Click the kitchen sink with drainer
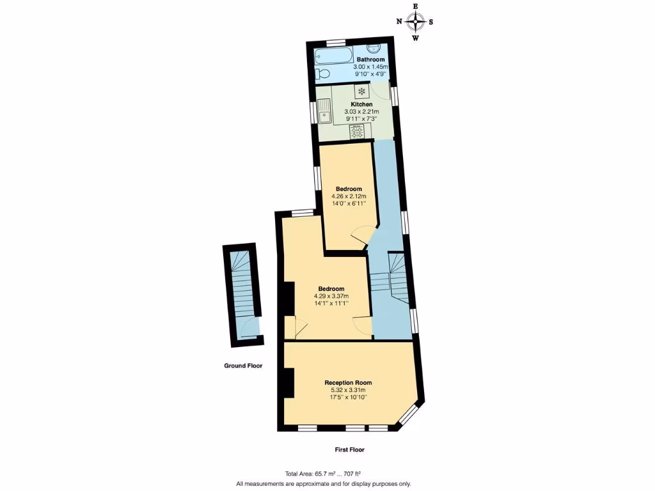[x=325, y=113]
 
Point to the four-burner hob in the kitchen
[x=358, y=132]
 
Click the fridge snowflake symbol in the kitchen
[x=361, y=91]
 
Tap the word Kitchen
[x=361, y=104]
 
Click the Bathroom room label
[x=370, y=59]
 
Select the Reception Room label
[x=348, y=382]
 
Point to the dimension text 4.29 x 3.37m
[x=331, y=296]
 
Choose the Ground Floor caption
[x=243, y=366]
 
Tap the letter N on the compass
[x=400, y=22]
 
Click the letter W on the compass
[x=416, y=38]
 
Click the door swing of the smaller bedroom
[x=359, y=238]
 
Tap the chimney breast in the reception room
[x=288, y=382]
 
